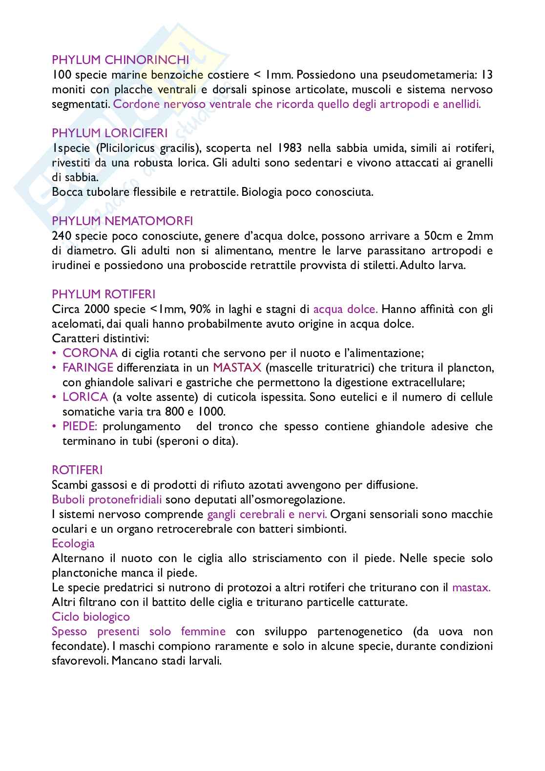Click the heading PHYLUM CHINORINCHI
[x=121, y=60]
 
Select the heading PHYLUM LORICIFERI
[x=110, y=133]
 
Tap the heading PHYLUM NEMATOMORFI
[x=123, y=221]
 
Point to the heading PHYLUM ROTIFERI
[x=104, y=294]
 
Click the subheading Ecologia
[x=73, y=543]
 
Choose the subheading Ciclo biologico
[x=91, y=617]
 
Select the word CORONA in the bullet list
[x=90, y=353]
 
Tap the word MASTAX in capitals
[x=237, y=368]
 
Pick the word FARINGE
[x=88, y=368]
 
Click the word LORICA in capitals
[x=85, y=397]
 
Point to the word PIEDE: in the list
[x=80, y=426]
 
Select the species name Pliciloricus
[x=128, y=148]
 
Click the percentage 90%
[x=200, y=309]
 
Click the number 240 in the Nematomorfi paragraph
[x=62, y=236]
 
